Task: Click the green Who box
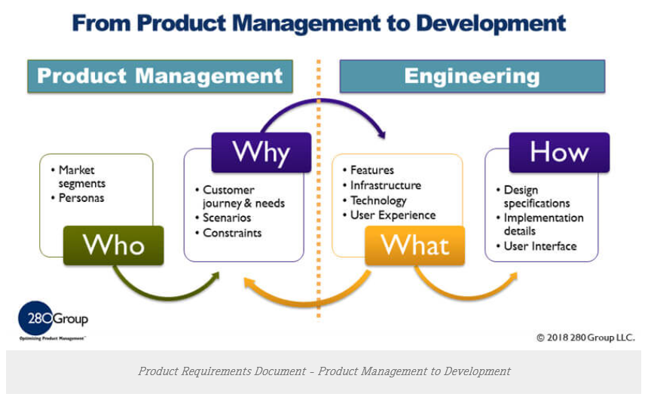tap(114, 245)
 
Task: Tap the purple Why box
tap(261, 152)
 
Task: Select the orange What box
tap(414, 245)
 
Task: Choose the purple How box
tap(559, 152)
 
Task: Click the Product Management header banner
tap(160, 76)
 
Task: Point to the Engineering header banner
tap(472, 76)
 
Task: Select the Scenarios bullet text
tap(227, 218)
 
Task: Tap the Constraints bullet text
tap(232, 233)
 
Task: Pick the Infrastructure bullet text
tap(385, 185)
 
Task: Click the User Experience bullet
tap(393, 215)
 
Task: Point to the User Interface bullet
tap(539, 246)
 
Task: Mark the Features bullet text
tap(371, 170)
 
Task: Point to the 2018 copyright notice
tap(585, 337)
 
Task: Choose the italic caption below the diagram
tap(324, 371)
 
